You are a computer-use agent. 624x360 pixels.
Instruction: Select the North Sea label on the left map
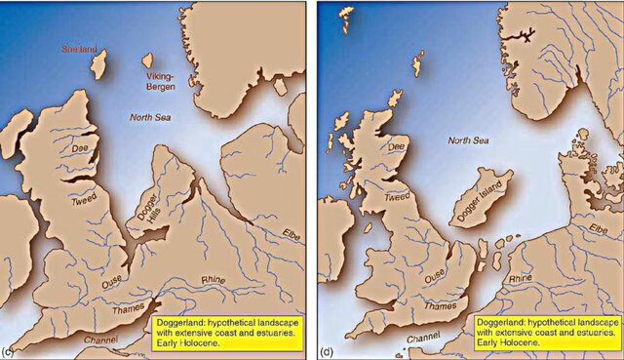click(x=150, y=117)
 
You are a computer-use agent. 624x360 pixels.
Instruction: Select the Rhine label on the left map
click(x=213, y=280)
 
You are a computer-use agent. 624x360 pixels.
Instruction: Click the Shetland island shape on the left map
click(x=99, y=65)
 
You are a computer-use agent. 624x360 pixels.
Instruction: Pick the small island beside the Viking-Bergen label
click(x=148, y=62)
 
